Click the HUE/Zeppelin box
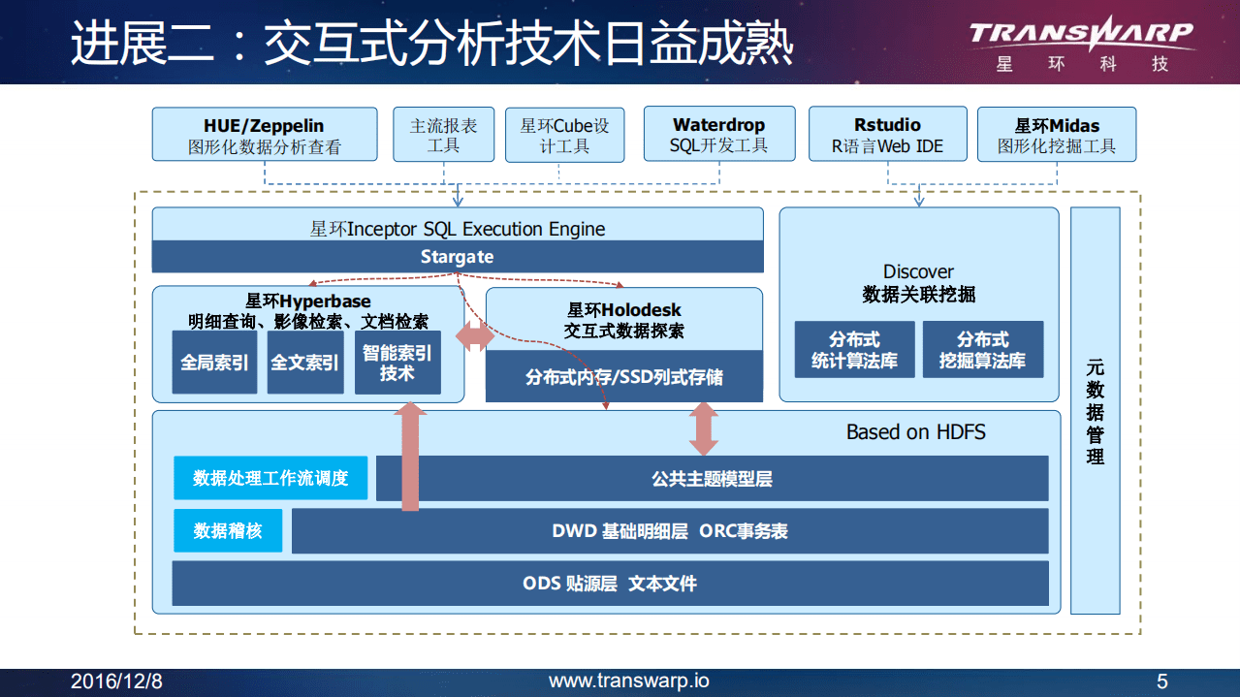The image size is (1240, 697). point(264,135)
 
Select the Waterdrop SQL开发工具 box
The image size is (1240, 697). point(718,135)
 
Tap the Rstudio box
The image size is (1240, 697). point(887,135)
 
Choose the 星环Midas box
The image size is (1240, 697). point(1057,135)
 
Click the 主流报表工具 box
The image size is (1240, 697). point(443,135)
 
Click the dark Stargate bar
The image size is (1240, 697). point(457,257)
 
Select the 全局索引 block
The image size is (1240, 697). point(214,363)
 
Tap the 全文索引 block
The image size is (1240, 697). point(304,363)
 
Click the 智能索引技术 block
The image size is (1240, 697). point(397,363)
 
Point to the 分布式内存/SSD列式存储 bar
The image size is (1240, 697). point(623,376)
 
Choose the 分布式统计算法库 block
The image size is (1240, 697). point(853,350)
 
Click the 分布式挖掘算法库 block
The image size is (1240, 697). point(982,350)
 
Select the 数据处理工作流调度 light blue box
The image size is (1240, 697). point(270,478)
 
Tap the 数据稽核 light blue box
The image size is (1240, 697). point(228,531)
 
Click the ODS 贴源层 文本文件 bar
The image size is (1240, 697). point(610,584)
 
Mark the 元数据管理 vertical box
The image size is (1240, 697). point(1095,411)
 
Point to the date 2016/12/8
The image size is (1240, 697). point(116,682)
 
